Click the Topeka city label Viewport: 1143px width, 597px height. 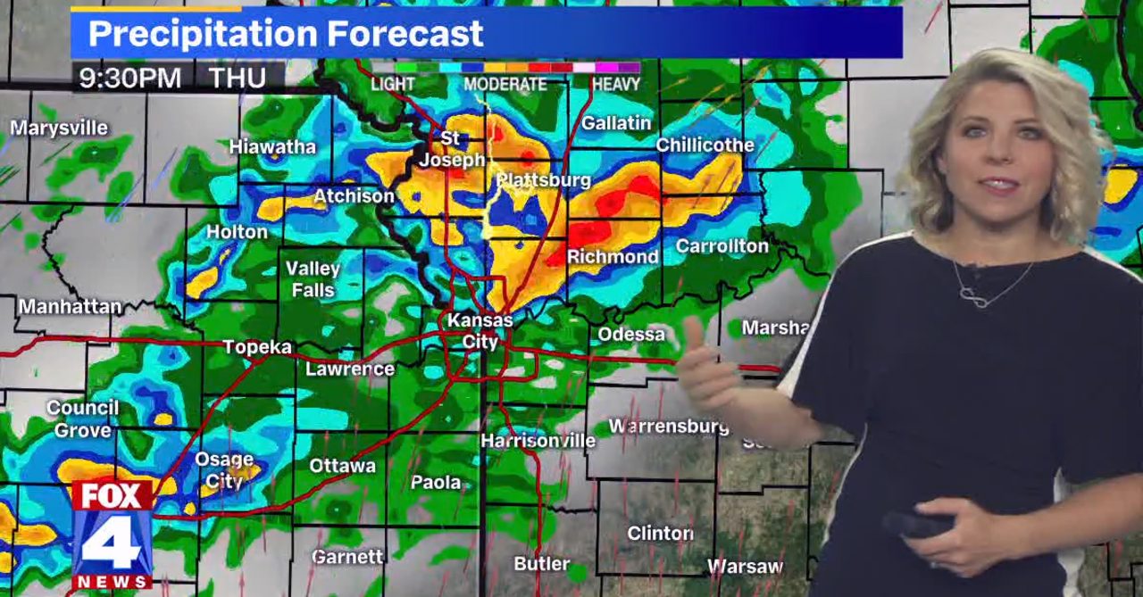coord(257,347)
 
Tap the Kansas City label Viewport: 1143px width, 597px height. coord(480,330)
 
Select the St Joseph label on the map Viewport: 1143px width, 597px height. coord(452,150)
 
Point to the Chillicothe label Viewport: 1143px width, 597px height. coord(705,145)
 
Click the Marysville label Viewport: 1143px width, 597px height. coord(59,129)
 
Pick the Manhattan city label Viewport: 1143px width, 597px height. coord(70,307)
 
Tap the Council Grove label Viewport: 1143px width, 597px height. coord(83,419)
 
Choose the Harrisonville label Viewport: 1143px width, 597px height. coord(538,441)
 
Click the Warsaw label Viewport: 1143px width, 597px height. coord(745,566)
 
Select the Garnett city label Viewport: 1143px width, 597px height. coord(347,557)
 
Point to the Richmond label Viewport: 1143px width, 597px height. coord(613,257)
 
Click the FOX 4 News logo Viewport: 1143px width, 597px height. coord(112,534)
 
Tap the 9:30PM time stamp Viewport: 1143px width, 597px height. coord(130,79)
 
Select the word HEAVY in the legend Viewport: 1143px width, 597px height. coord(615,84)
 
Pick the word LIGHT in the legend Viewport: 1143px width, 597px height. coord(393,84)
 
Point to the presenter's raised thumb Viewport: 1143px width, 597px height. coord(692,331)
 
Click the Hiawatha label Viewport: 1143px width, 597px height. coord(272,146)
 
